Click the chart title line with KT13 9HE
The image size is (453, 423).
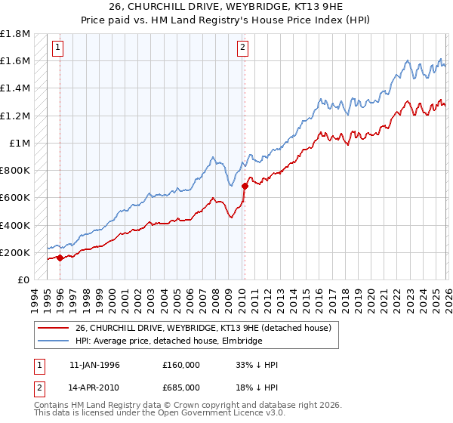pos(226,7)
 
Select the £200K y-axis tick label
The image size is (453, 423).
pos(15,252)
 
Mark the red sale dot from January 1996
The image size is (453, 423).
pos(60,258)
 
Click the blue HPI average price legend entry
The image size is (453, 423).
pos(168,341)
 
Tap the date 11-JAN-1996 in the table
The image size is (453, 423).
pos(96,365)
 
